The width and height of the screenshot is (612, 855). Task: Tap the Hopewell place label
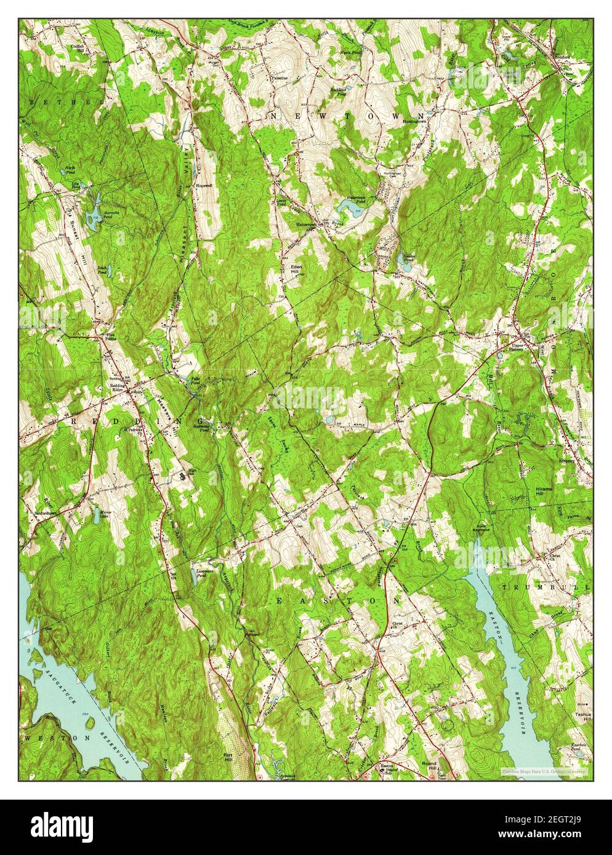click(x=204, y=185)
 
